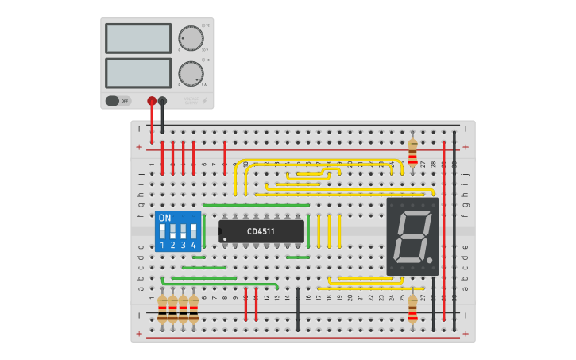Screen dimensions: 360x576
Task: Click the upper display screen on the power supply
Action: point(138,38)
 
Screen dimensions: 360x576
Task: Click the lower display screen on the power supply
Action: point(138,72)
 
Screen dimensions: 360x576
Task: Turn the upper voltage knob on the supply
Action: point(190,38)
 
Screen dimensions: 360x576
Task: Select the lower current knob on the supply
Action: point(190,73)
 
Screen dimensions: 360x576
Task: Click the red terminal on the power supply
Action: point(152,101)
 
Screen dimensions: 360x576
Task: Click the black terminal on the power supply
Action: point(162,101)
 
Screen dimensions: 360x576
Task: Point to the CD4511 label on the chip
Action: point(261,232)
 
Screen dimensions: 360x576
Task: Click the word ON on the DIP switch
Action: point(164,218)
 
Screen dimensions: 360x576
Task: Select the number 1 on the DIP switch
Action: point(162,246)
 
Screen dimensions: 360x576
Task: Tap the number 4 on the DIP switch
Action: point(193,246)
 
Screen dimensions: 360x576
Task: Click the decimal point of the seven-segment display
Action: point(430,261)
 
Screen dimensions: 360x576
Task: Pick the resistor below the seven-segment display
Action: point(412,308)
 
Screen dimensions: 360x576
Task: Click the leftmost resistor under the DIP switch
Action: point(162,310)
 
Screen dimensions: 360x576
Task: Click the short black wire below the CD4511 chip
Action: point(298,310)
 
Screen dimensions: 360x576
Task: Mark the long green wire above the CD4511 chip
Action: point(256,205)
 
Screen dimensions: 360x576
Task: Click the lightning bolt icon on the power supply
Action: point(204,101)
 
